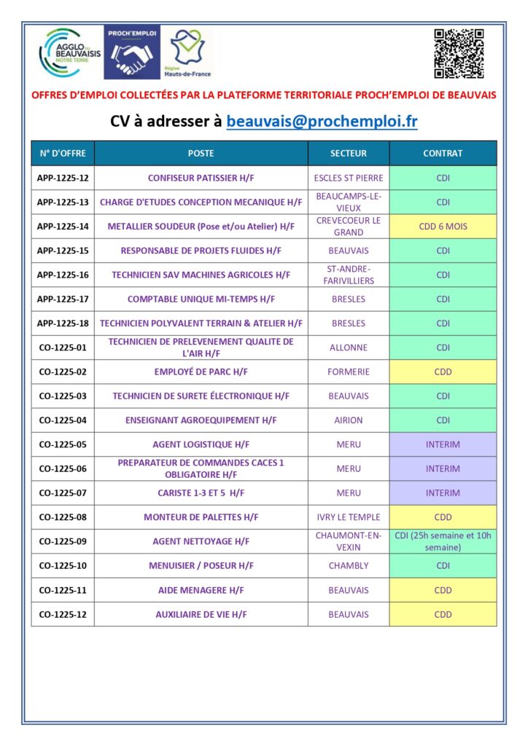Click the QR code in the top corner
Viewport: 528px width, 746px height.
tap(459, 53)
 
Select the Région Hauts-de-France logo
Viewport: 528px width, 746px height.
tap(187, 52)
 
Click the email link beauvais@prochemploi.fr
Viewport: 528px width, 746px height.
tap(322, 121)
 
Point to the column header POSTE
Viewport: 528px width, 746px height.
tap(201, 154)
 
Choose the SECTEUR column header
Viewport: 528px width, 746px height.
tap(349, 154)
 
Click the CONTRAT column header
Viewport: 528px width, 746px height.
tap(443, 154)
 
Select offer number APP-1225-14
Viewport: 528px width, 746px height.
tap(63, 227)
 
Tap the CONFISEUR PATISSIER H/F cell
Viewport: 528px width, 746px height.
tap(201, 178)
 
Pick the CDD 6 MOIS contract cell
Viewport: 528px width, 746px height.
tap(443, 227)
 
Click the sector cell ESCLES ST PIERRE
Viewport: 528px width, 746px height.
tap(349, 178)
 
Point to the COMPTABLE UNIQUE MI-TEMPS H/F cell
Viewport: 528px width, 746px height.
tap(201, 299)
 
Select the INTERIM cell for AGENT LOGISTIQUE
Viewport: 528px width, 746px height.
tap(443, 444)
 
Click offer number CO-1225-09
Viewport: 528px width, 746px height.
tap(63, 541)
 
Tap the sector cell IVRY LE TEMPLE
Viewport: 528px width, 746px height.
tap(349, 517)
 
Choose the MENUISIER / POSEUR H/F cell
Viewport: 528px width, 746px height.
tap(201, 566)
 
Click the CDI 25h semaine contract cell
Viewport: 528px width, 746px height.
tap(443, 541)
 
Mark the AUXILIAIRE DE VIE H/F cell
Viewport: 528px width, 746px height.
tap(201, 615)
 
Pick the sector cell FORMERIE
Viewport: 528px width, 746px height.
tap(349, 372)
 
